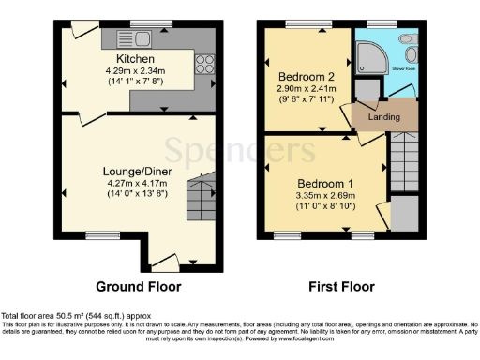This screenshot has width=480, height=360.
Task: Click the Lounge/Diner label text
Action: tap(135, 172)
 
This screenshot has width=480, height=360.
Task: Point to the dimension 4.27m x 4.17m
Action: tap(135, 184)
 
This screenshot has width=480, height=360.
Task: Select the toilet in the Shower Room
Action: tap(407, 43)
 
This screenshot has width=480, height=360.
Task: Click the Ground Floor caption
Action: tap(139, 287)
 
